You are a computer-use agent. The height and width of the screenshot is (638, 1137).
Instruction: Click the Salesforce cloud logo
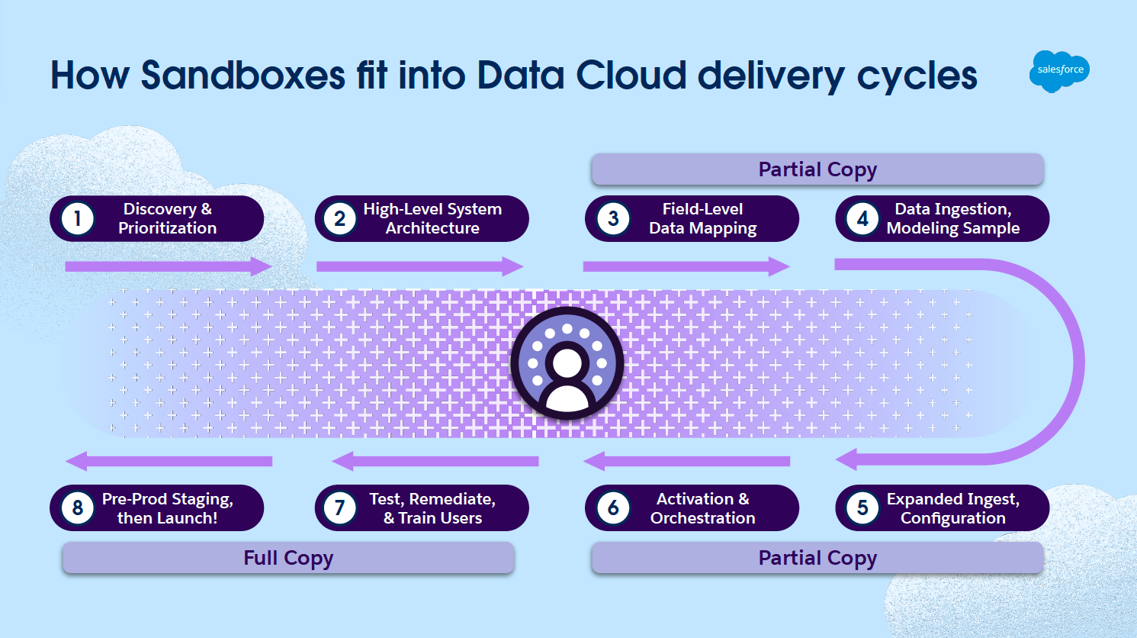click(1059, 70)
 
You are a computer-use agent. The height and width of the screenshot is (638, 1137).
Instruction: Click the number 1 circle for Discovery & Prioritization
click(77, 219)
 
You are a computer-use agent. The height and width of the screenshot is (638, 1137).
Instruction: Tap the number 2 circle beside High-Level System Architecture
click(340, 219)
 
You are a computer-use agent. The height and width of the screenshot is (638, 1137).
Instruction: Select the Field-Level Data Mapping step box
click(692, 219)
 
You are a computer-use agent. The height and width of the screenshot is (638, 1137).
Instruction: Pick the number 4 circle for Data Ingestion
click(862, 219)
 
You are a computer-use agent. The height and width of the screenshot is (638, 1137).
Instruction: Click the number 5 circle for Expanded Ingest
click(862, 508)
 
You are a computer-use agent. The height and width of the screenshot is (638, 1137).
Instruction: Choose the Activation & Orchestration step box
click(692, 508)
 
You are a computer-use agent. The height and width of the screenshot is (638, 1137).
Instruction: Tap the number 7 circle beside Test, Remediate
click(340, 508)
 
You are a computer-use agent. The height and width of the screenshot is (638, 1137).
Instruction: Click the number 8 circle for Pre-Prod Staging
click(77, 508)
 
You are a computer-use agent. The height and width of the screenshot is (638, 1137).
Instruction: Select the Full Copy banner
click(288, 558)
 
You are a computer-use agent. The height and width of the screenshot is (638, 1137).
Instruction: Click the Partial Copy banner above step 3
click(817, 169)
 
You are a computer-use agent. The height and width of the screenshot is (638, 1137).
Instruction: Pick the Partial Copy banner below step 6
click(817, 558)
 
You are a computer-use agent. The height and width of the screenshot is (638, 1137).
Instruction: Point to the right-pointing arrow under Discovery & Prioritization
click(169, 266)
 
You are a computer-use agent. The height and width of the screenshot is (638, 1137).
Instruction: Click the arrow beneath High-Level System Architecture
click(419, 266)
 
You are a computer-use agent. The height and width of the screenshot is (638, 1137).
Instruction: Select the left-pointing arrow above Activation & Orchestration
click(686, 461)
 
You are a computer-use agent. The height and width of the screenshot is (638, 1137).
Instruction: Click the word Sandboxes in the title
click(243, 76)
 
